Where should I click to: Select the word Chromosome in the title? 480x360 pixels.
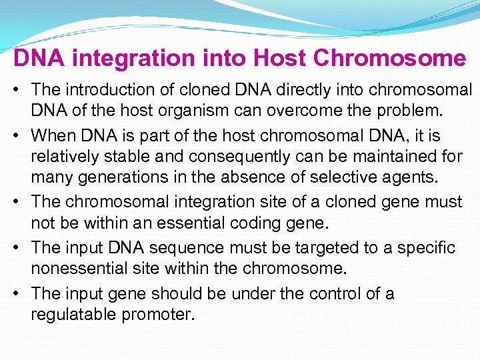[389, 58]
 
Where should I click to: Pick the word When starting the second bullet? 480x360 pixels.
[53, 135]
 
